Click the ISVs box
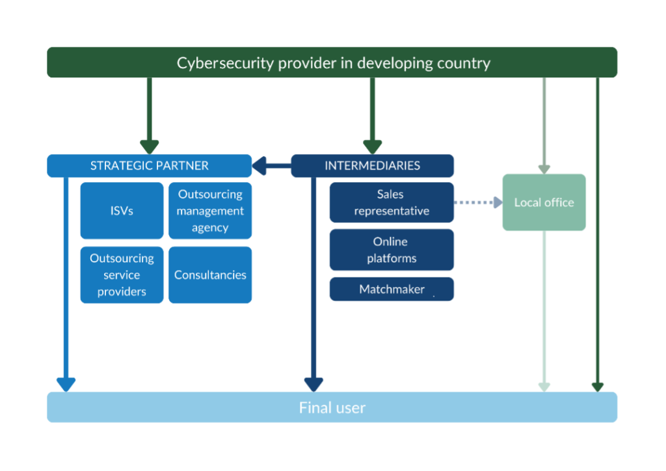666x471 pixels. point(122,210)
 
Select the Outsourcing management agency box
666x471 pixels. point(210,210)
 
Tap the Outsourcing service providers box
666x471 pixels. point(122,275)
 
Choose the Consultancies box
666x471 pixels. point(210,275)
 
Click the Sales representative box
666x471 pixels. point(392,202)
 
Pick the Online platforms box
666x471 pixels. point(392,250)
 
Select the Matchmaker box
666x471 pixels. point(392,289)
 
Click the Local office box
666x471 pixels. point(544,202)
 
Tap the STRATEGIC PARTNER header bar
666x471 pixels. point(149,165)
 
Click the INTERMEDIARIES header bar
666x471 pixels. point(372,165)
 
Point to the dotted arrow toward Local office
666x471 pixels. point(477,202)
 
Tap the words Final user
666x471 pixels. point(332,408)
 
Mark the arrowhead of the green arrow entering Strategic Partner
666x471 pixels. point(150,147)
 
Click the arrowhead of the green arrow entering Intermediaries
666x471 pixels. point(372,147)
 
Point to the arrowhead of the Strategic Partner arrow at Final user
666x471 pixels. point(66,384)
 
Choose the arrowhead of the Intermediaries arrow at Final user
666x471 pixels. point(313,384)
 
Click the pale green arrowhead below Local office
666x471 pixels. point(544,387)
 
